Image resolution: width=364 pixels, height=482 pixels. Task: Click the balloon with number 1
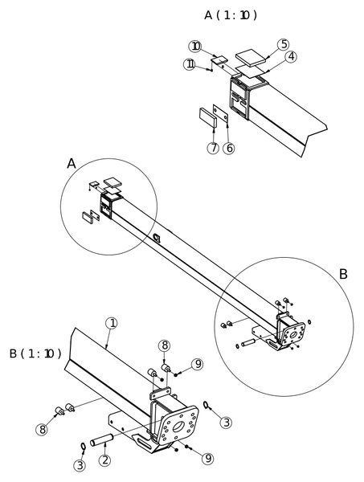[x=112, y=324]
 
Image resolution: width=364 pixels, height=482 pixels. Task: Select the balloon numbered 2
[x=104, y=460]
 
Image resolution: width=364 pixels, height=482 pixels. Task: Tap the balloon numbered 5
[x=283, y=44]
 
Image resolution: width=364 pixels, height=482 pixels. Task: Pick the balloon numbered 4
[x=291, y=57]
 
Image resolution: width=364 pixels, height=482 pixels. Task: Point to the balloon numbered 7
[x=213, y=148]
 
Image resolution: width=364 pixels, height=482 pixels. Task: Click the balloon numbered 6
[x=229, y=148]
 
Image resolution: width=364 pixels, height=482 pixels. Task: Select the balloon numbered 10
[x=195, y=47]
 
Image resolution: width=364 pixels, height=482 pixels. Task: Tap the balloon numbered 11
[x=190, y=64]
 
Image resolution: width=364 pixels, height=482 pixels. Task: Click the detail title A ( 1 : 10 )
[x=231, y=14]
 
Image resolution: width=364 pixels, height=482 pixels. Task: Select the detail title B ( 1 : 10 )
[x=35, y=353]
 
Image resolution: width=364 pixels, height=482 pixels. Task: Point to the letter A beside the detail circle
[x=72, y=164]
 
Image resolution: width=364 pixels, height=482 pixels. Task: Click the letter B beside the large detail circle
[x=343, y=274]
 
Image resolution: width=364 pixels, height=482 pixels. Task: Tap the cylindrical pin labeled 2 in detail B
[x=102, y=439]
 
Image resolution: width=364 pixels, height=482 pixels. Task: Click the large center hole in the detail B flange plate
[x=178, y=427]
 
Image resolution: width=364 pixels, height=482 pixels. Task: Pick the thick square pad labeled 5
[x=252, y=58]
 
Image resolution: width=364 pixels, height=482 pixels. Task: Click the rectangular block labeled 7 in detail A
[x=208, y=117]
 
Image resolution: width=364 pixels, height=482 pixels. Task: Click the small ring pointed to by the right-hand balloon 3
[x=207, y=405]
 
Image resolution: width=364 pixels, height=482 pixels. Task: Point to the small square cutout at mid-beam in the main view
[x=157, y=238]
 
